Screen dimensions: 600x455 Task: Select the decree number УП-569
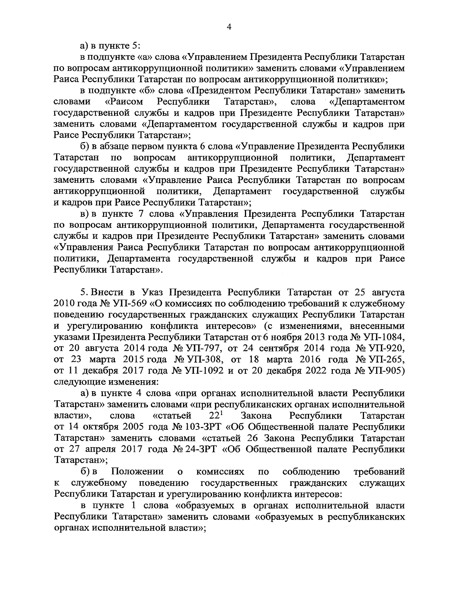point(125,304)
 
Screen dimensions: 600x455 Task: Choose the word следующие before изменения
point(80,382)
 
